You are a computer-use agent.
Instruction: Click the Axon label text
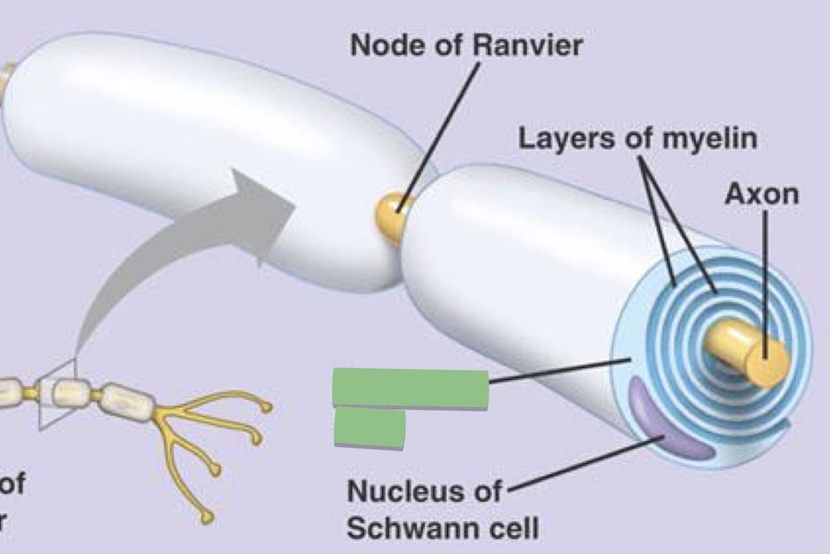click(762, 195)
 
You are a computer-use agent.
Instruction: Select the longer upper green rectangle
click(410, 388)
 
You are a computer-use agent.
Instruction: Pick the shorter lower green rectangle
click(369, 427)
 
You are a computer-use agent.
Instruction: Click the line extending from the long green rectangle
click(557, 370)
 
